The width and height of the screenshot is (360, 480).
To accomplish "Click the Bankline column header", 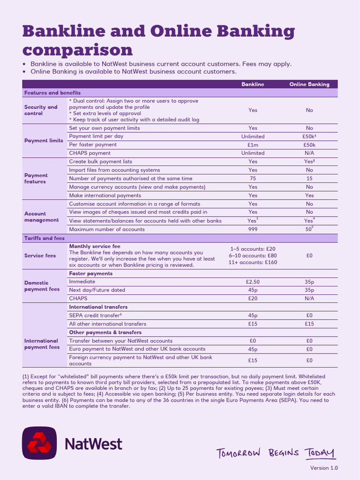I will point(253,84).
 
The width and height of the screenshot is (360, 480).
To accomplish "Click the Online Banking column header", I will point(309,84).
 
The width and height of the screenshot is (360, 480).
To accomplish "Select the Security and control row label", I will point(41,110).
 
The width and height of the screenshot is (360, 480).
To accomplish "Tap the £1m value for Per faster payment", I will point(253,145).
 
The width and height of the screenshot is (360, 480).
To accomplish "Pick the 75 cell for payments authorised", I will point(253,179).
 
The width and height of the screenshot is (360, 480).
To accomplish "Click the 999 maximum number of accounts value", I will point(253,229).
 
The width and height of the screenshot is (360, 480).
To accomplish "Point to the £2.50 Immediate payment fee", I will point(253,282).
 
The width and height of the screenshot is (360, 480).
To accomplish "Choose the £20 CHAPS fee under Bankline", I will point(253,298).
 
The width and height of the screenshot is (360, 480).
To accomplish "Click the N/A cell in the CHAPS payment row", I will point(309,153).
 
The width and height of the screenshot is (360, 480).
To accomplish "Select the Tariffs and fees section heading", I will point(45,238).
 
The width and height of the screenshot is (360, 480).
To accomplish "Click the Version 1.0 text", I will point(323,468).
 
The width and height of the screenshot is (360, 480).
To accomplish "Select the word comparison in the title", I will point(77,50).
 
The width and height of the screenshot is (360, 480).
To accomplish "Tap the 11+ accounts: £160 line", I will point(253,262).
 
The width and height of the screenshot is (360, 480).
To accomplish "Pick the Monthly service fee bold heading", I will point(95,246).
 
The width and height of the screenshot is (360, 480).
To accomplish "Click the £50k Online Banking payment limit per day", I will point(309,136).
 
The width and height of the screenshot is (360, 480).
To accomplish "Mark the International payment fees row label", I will point(41,344).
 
